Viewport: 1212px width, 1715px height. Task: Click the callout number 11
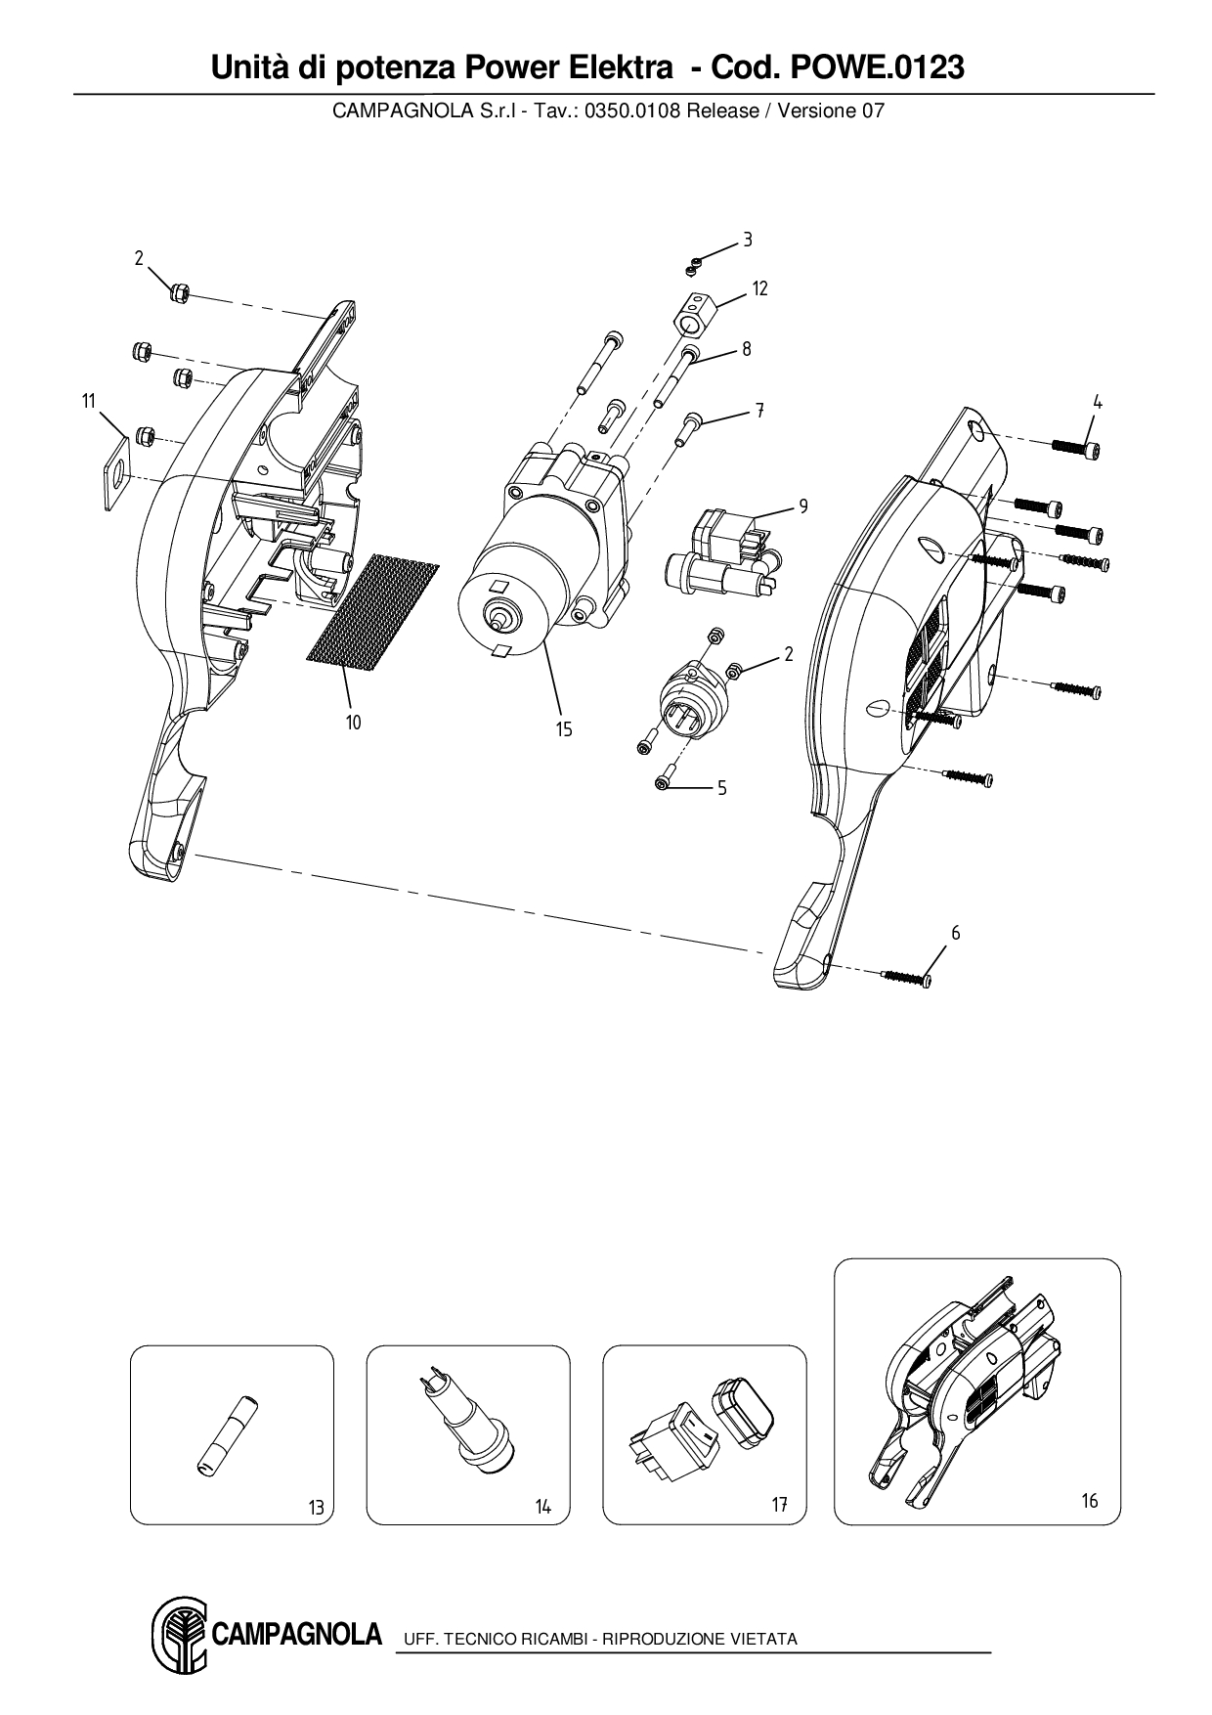coord(89,401)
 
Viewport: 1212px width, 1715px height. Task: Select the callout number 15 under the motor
coord(564,729)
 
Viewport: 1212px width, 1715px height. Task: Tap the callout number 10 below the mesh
coord(353,723)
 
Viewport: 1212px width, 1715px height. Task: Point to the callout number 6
coord(955,934)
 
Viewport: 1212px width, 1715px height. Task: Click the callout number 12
coord(759,288)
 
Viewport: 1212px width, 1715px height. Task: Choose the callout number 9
coord(803,506)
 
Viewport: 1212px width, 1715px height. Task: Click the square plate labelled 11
coord(117,473)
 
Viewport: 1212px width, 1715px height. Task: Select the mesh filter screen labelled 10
coord(372,613)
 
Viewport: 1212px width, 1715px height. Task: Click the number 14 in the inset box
coord(543,1507)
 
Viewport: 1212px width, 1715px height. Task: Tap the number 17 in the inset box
coord(779,1506)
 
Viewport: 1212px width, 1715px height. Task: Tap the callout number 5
coord(721,788)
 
